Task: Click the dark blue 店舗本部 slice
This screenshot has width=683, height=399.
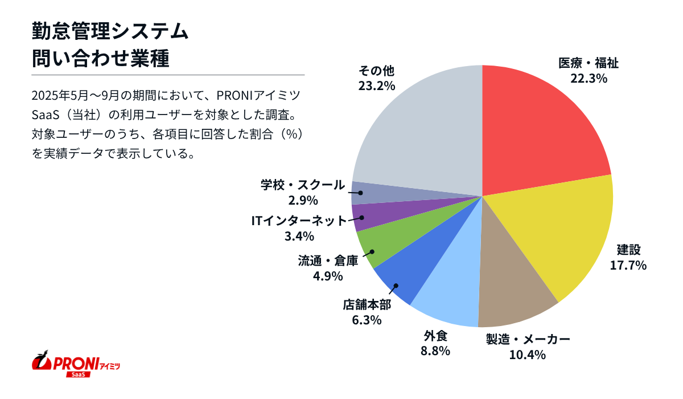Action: coord(404,274)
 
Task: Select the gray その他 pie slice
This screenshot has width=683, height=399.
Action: coord(421,131)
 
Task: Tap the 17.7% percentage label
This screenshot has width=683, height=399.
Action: coord(628,265)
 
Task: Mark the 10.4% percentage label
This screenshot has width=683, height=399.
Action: coord(528,355)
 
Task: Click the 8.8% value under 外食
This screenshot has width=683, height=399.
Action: coord(435,351)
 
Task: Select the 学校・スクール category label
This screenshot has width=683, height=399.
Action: coord(303,185)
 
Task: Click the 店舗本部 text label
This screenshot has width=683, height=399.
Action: coord(367,305)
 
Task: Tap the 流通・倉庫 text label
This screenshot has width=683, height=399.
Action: coord(328,261)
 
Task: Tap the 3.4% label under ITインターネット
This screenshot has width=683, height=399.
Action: coord(299,236)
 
